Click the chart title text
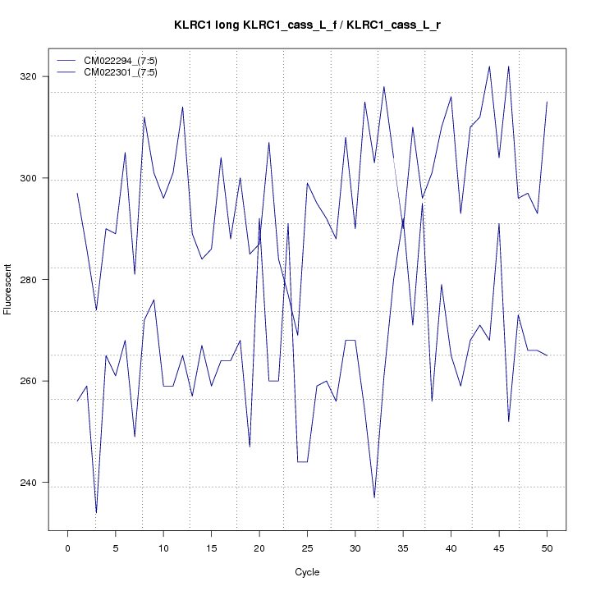point(307,25)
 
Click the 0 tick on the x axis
point(67,547)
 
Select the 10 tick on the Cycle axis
point(163,547)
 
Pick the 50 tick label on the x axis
point(547,547)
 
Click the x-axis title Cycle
point(307,572)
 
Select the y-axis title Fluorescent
point(9,290)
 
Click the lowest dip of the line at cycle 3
point(96,513)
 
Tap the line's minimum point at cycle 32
point(374,497)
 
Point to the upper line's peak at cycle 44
point(489,66)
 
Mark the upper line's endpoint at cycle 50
point(547,102)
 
